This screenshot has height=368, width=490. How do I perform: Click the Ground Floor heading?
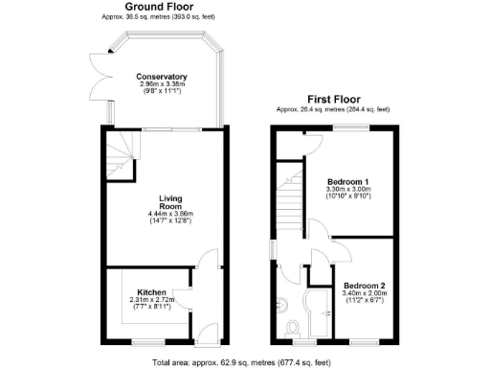pos(161,7)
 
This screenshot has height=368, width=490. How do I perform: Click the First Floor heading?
pos(333,99)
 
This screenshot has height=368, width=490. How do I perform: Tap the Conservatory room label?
pos(161,77)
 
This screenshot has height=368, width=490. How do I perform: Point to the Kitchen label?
pos(152,291)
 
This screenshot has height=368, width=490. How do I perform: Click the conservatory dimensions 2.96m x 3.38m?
pos(161,83)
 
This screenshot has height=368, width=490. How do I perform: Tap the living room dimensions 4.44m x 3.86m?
pos(170,213)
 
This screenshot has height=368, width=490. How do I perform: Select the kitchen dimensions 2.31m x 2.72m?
pos(152,300)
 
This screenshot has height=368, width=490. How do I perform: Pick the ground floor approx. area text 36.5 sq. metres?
pos(161,17)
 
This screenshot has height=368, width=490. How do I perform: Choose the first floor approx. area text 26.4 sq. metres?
pos(333,109)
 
